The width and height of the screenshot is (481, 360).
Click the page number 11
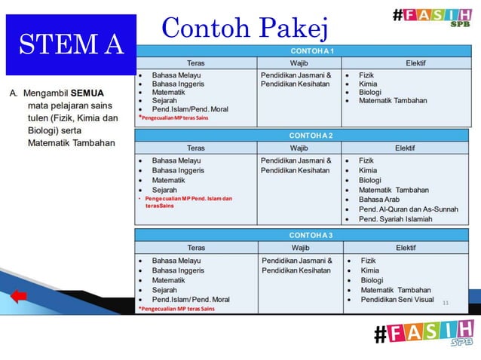[446, 302]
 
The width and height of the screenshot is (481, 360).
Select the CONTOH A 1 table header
[311, 50]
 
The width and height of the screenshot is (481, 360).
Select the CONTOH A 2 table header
[311, 136]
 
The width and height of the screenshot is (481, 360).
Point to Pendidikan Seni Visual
[397, 299]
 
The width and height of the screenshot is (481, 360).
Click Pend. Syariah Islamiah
[396, 219]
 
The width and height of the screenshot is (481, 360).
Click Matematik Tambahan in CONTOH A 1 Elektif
[393, 100]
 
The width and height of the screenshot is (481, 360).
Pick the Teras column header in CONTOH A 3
[195, 248]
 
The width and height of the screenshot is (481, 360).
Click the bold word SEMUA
[87, 93]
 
